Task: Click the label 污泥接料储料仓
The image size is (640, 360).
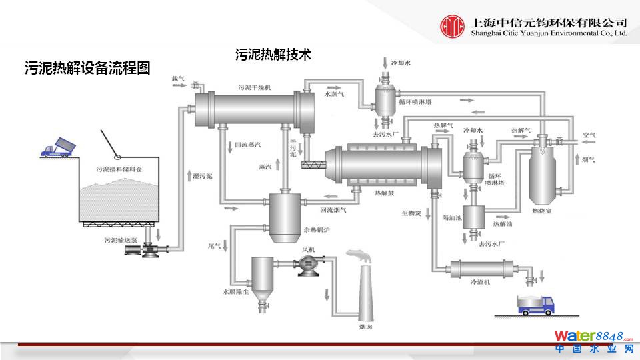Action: coord(119,170)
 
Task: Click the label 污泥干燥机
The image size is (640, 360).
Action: coord(253,87)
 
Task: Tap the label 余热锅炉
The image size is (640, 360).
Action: coord(317,230)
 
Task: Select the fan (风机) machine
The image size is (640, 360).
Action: coord(308,264)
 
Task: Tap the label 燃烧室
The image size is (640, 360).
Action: coord(545,211)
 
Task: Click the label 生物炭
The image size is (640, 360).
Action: coord(411,213)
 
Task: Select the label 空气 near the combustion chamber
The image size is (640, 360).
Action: coord(589,135)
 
